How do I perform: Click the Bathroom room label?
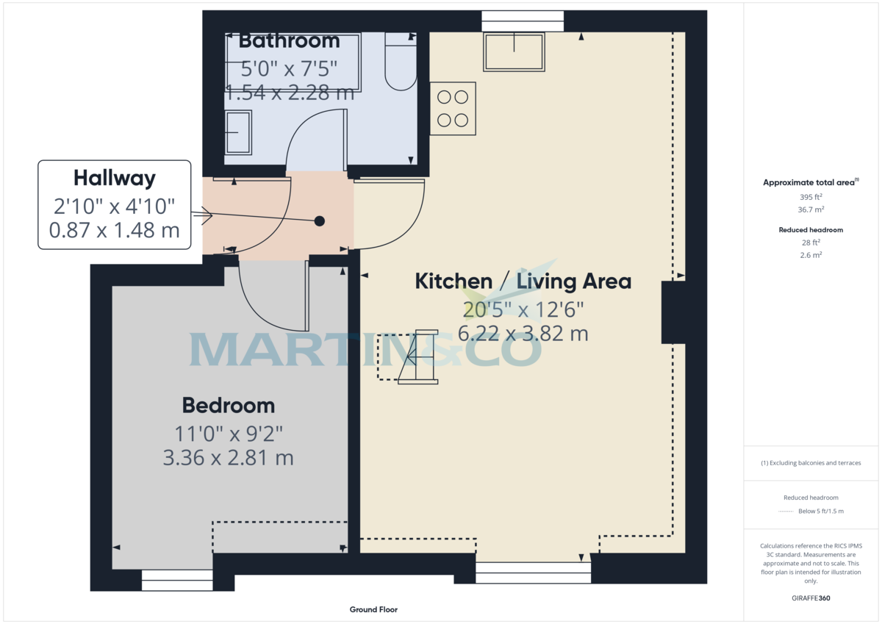tap(289, 40)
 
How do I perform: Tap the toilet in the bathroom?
tap(401, 63)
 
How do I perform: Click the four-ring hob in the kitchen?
tap(453, 108)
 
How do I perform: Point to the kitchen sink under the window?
tap(514, 51)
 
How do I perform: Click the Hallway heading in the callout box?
tap(114, 178)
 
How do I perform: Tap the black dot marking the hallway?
tap(319, 220)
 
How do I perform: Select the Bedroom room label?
tap(229, 405)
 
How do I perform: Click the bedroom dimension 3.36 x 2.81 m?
tap(229, 458)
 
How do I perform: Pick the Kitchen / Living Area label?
tap(523, 281)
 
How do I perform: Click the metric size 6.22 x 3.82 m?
tap(523, 333)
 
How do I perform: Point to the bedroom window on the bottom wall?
tap(176, 581)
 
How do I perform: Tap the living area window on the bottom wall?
tap(533, 573)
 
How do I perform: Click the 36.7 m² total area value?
tap(811, 209)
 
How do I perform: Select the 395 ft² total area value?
tap(811, 197)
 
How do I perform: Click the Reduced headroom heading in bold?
tap(811, 230)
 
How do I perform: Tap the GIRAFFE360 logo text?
tap(811, 598)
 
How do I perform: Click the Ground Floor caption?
tap(373, 609)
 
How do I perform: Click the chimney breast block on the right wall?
tap(673, 312)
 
